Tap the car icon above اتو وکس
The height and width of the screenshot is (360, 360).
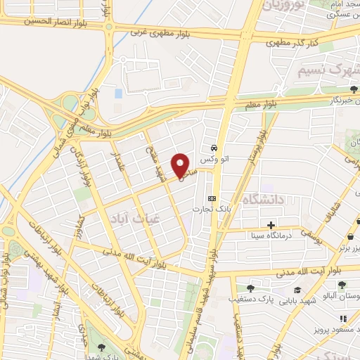coord(213,148)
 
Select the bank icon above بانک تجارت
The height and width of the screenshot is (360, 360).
coord(212,198)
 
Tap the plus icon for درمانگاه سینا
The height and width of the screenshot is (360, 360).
coord(271,226)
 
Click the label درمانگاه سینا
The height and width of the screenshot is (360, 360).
coord(269,236)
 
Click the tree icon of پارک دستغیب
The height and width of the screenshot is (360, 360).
coord(250,288)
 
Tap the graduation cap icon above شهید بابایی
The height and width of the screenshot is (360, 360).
coord(297,289)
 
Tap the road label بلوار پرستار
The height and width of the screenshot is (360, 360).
coord(256,150)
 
